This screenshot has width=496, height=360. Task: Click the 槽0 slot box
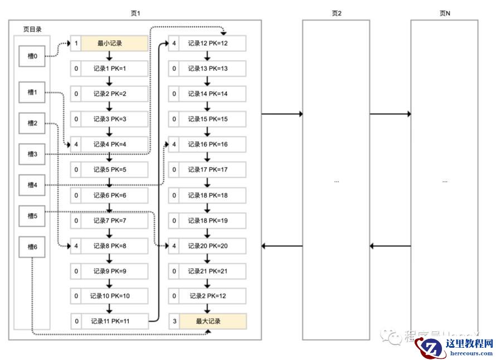point(32,56)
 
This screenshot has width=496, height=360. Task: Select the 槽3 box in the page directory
point(32,154)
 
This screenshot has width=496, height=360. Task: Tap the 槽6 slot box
point(32,247)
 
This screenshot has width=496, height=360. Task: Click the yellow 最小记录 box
point(114,43)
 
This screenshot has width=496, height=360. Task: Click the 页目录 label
point(31,29)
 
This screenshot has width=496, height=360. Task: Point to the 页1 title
point(135,13)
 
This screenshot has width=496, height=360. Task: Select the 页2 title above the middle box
point(336,13)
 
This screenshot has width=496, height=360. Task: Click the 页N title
point(445,13)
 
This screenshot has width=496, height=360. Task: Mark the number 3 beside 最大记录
point(174,321)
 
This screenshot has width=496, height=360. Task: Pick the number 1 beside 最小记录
point(76,43)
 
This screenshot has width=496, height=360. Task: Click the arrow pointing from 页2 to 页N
point(390,114)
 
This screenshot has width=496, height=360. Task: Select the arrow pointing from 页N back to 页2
point(390,246)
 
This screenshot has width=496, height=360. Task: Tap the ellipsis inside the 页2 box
point(336,181)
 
